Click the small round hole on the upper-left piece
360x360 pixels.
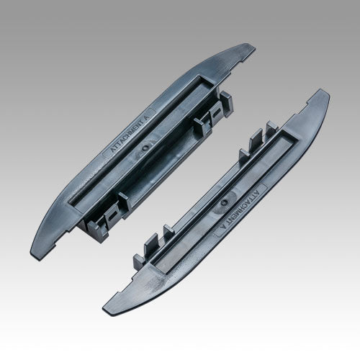145,148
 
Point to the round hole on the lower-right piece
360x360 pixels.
225,202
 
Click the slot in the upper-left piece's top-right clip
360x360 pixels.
216,112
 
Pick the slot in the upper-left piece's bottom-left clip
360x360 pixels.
112,214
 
